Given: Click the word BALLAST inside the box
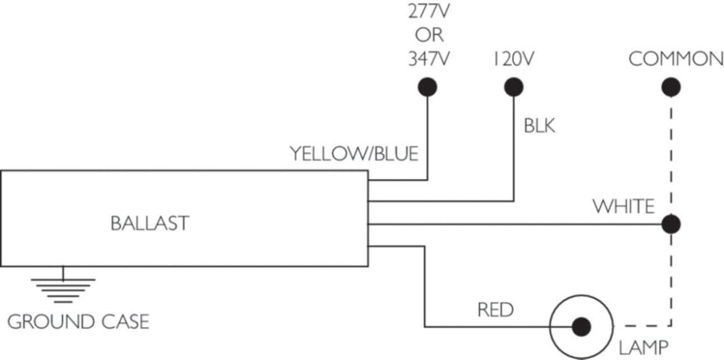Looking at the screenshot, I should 149,223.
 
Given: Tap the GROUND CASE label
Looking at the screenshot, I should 77,320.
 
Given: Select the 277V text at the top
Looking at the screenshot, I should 429,12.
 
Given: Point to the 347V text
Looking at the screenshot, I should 429,59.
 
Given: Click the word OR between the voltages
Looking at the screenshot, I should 429,36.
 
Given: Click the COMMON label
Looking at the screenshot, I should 675,59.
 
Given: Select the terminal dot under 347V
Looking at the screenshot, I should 428,87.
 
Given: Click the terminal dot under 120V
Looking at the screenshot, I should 513,87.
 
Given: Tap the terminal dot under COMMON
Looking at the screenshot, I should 670,87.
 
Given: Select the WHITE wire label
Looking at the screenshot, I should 624,206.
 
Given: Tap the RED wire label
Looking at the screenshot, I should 495,310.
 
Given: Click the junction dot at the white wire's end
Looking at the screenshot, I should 670,224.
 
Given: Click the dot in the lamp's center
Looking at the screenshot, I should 579,326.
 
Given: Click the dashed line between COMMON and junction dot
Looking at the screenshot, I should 670,152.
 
